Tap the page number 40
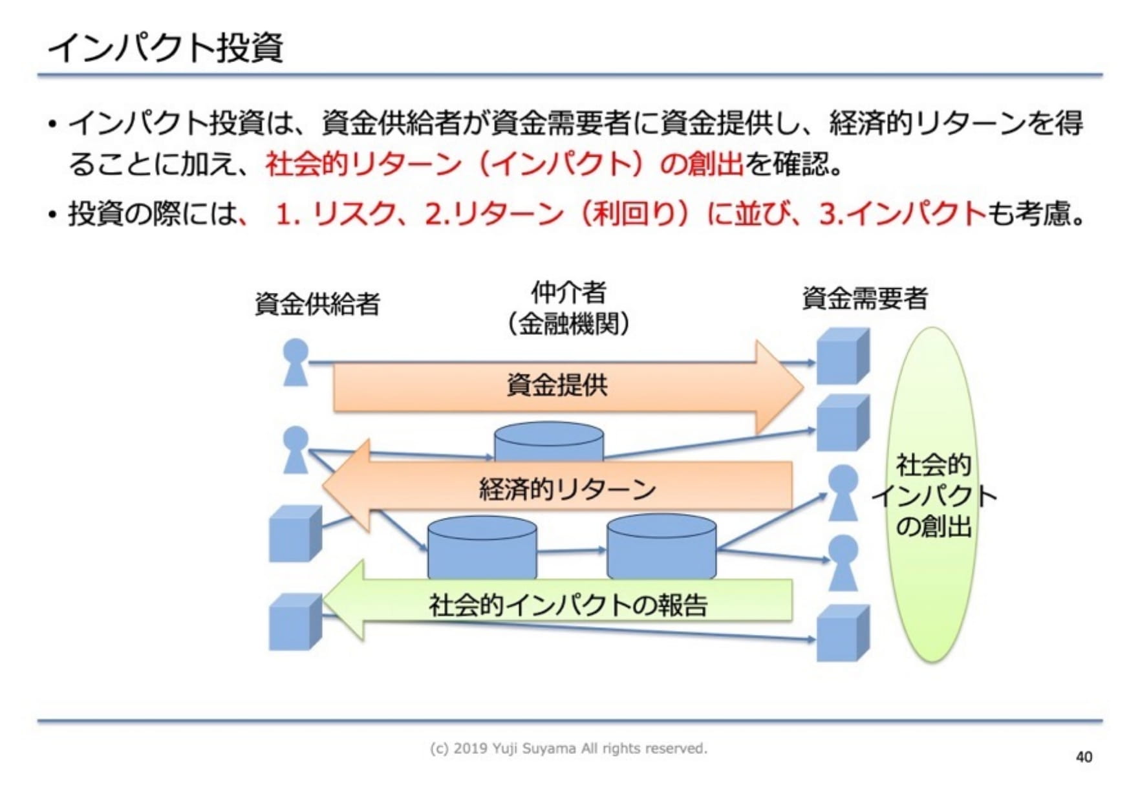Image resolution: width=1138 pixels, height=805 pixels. pos(1084,757)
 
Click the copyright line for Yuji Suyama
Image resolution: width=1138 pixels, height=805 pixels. pos(568,748)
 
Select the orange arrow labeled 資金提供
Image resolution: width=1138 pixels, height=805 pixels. pos(556,386)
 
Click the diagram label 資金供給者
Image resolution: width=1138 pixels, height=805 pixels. pos(317,304)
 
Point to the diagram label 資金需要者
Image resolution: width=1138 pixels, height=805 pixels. pos(864,299)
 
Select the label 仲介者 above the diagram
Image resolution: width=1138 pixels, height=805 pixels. pos(568,292)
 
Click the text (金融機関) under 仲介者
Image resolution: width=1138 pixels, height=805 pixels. pos(568,323)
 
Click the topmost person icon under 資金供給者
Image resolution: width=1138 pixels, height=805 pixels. pos(295,362)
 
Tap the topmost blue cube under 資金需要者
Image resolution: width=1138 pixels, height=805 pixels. pos(842,356)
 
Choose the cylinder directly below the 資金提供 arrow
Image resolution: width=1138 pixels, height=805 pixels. pos(548,441)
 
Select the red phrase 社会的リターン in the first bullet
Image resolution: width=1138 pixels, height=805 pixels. pos(363,164)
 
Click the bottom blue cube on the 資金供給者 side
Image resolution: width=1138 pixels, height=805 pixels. pos(294,622)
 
